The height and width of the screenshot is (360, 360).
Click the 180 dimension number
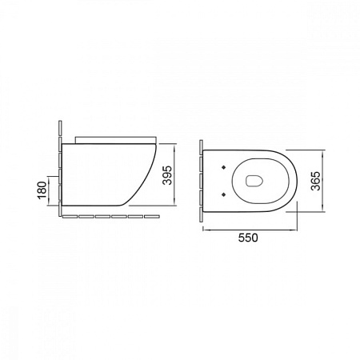click(x=42, y=190)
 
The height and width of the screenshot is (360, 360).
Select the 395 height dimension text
click(x=168, y=175)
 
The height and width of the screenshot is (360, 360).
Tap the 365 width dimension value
click(x=316, y=181)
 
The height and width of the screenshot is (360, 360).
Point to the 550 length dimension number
click(x=248, y=238)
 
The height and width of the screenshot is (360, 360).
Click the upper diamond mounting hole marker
click(x=223, y=167)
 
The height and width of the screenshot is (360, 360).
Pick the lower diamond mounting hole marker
click(x=223, y=194)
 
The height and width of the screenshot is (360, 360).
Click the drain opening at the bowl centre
click(x=254, y=181)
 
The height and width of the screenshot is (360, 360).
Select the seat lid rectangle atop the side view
click(x=115, y=140)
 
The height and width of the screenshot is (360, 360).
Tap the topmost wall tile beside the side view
click(x=60, y=129)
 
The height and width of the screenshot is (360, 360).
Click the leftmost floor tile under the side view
click(x=70, y=217)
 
